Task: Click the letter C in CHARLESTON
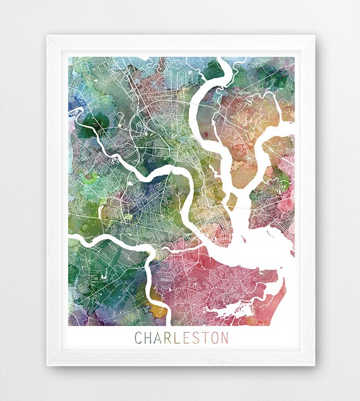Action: point(138,338)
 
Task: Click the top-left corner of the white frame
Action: point(47,36)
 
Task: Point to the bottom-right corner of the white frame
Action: point(315,366)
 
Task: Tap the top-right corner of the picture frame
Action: point(315,36)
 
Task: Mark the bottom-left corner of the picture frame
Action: point(47,366)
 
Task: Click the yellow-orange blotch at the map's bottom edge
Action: point(158,311)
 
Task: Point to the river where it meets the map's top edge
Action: point(221,60)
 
